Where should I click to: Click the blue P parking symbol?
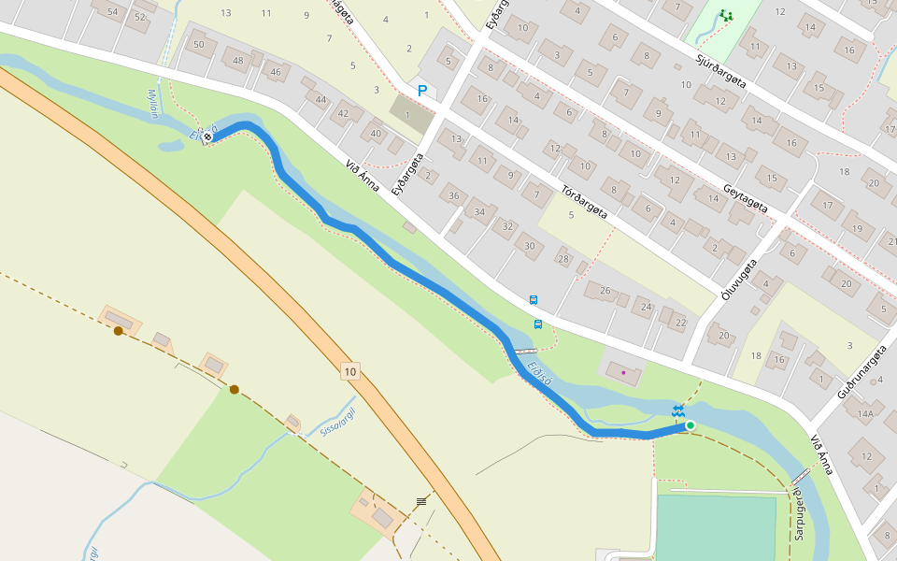click(422, 91)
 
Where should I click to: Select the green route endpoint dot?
click(691, 425)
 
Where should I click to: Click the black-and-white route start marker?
click(207, 137)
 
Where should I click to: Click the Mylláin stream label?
click(154, 105)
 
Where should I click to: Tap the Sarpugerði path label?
click(799, 514)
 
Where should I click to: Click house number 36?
click(454, 195)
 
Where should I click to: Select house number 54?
click(113, 12)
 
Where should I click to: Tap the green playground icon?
click(726, 16)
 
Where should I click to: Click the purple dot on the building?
click(623, 372)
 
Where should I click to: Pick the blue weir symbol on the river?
click(678, 411)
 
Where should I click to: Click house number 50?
click(198, 44)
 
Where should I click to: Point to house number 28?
click(562, 259)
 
